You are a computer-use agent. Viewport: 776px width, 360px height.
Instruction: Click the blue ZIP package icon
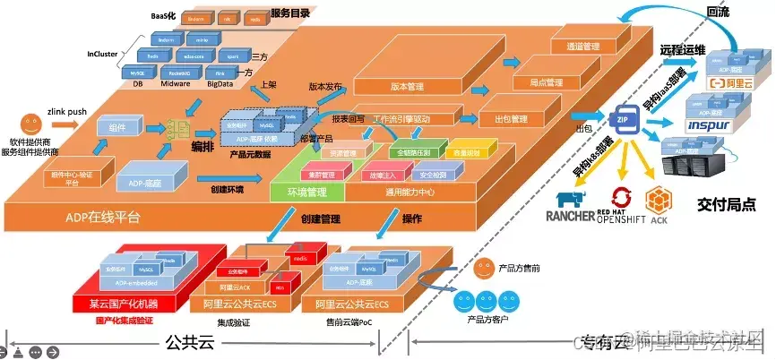621,119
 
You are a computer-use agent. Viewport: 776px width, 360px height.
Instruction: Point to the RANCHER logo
574,207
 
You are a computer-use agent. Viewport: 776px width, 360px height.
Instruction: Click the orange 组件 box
116,129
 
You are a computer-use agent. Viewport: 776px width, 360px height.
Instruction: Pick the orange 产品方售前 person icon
484,264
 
